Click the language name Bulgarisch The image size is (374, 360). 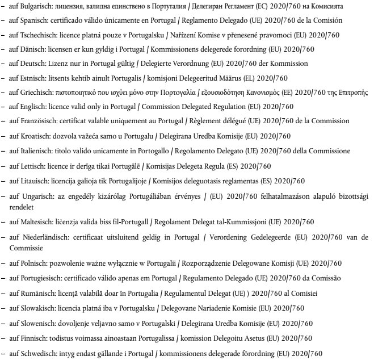tap(36, 6)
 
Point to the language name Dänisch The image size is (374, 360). tap(32, 49)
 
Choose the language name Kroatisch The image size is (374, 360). tap(35, 136)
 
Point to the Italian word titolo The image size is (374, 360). tap(71, 150)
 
